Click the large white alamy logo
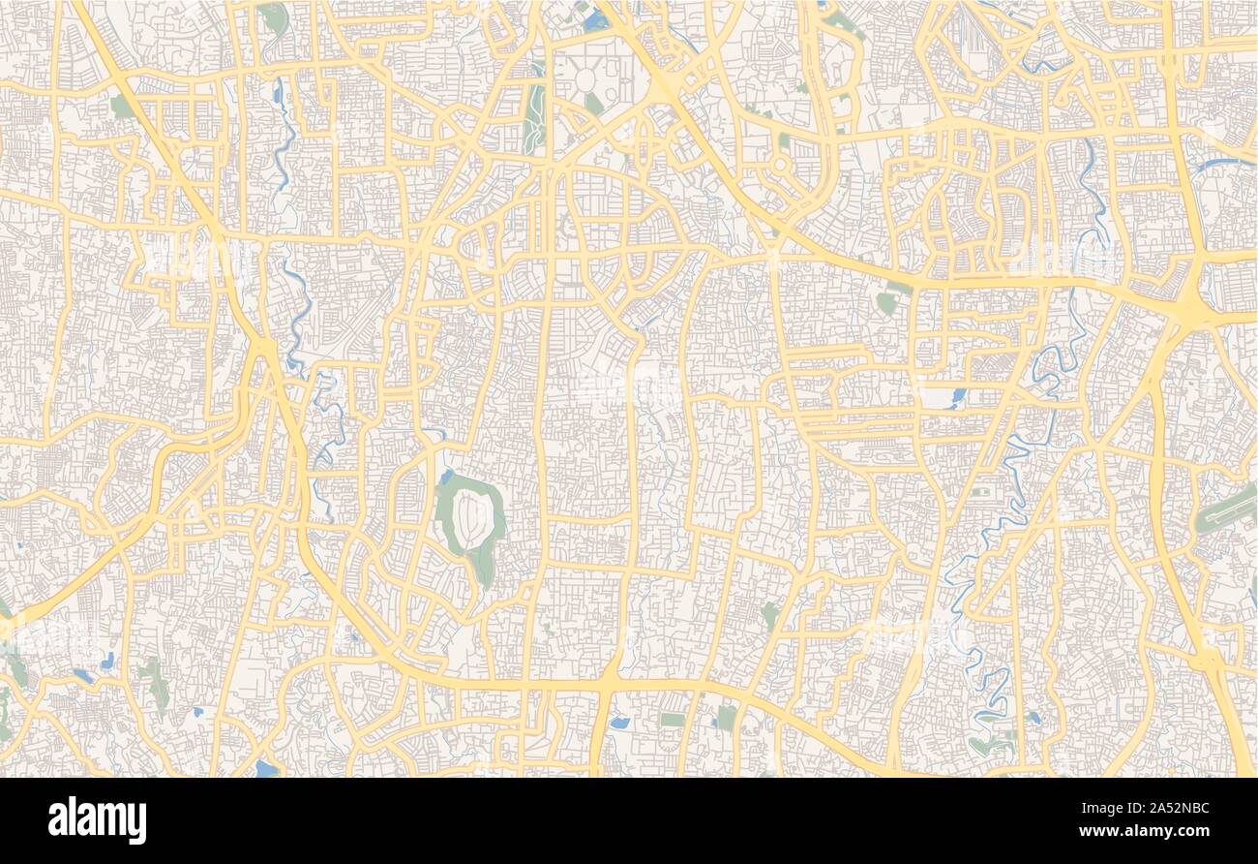click(97, 819)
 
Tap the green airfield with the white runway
click(1225, 509)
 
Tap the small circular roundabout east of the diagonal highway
click(781, 164)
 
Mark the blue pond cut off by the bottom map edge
click(265, 769)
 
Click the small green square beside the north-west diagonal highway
click(122, 106)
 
